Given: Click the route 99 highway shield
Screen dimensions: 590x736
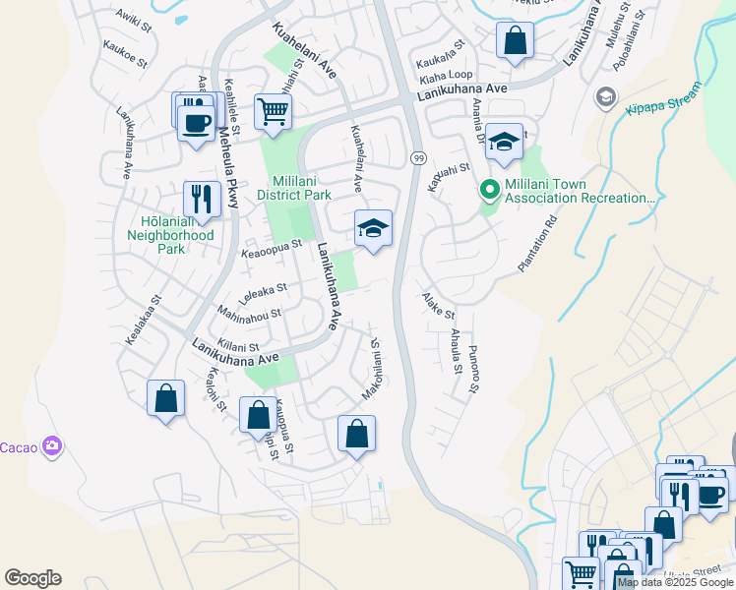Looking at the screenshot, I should (x=418, y=158).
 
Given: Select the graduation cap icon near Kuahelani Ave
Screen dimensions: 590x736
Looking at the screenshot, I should (x=373, y=228).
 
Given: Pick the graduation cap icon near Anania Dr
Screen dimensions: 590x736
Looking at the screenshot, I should (x=504, y=141).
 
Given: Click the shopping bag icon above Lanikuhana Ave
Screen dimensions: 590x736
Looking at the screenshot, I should (x=514, y=41).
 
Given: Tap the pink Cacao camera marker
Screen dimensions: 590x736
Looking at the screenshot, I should (x=52, y=447).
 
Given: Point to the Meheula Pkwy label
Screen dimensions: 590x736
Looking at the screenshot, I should (x=229, y=166).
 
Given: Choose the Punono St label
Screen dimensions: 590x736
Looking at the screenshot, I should (x=473, y=368).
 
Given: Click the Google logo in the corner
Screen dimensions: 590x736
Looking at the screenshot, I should (x=32, y=578).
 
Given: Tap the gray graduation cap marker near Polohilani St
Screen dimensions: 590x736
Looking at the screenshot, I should (x=605, y=97).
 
